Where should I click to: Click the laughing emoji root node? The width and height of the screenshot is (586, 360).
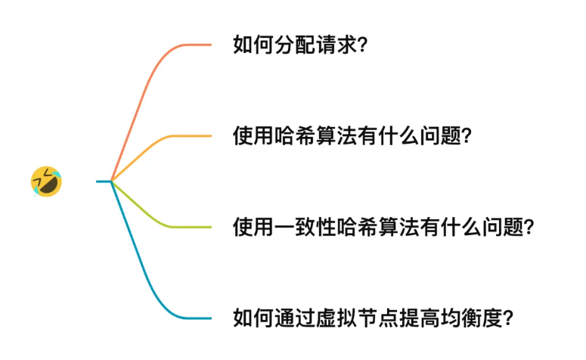click(46, 182)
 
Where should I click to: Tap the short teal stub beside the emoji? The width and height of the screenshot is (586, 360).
click(104, 181)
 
